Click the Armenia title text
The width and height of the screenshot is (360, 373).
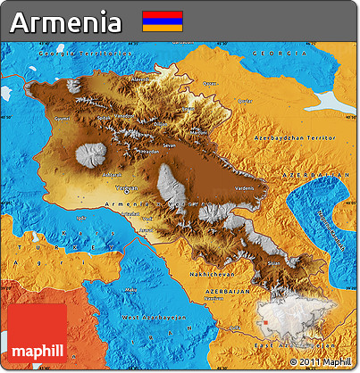(66, 22)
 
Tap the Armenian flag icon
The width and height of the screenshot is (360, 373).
(162, 21)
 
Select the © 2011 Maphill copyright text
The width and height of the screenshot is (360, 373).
(320, 361)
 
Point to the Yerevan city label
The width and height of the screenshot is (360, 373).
(126, 188)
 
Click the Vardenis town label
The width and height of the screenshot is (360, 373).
(244, 188)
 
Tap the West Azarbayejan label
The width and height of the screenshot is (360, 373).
(154, 317)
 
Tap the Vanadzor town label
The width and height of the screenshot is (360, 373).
(124, 116)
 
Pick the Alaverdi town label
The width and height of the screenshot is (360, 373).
(141, 79)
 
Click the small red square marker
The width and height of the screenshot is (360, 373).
(265, 323)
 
